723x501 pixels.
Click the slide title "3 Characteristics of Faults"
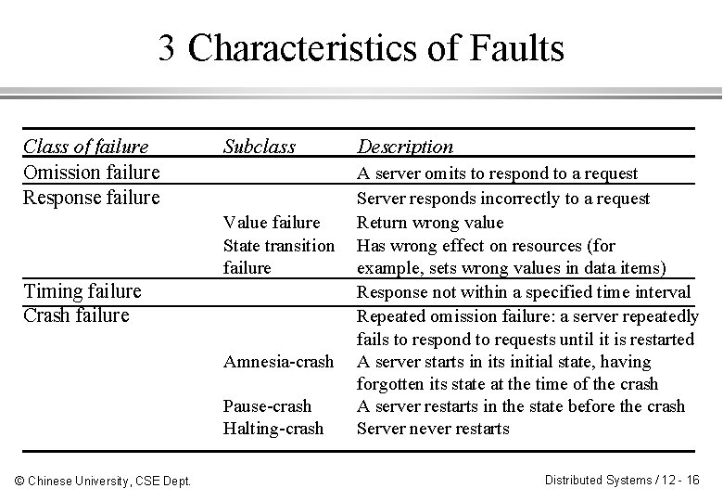point(361,48)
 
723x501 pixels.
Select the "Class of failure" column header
point(85,147)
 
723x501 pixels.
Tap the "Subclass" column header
point(259,147)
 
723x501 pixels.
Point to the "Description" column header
point(405,147)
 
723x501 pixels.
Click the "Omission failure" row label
point(91,173)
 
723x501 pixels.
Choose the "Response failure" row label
point(91,197)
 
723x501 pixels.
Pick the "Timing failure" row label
point(82,291)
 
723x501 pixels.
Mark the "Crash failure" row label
point(76,315)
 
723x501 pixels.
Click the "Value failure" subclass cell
point(272,223)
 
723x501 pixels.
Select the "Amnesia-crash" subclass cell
point(279,362)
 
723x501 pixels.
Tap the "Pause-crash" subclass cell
point(267,406)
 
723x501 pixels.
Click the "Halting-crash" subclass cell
point(273,429)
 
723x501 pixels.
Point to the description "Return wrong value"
point(430,223)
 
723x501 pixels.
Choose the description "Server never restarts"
point(433,429)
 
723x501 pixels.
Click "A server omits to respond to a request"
point(498,173)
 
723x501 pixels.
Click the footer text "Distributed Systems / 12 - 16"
point(622,480)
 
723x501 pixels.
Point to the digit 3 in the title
point(167,48)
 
